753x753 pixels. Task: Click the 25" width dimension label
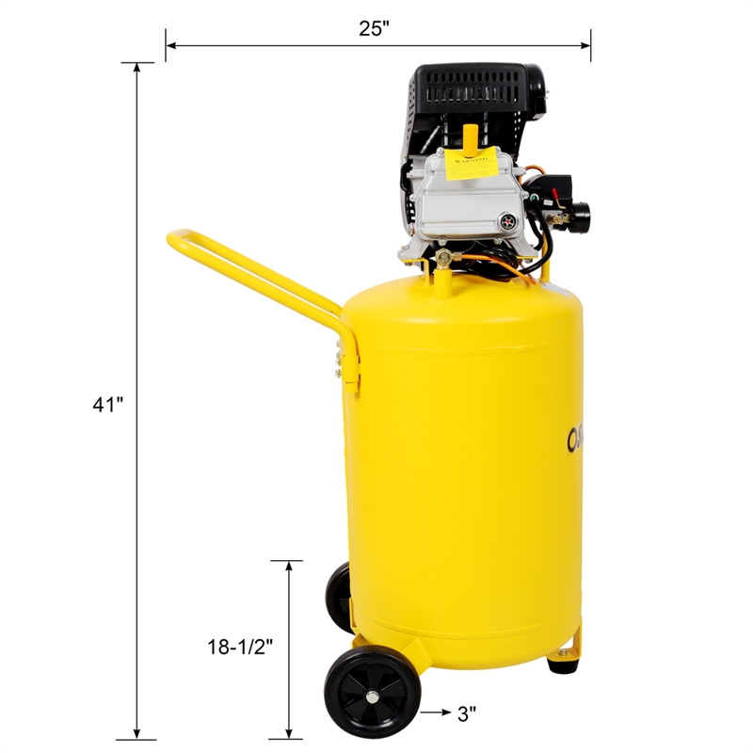click(x=374, y=27)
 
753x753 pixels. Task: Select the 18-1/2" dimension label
click(x=240, y=647)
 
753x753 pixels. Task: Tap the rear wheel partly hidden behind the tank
click(x=337, y=594)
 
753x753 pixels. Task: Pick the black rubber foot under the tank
click(x=562, y=665)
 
